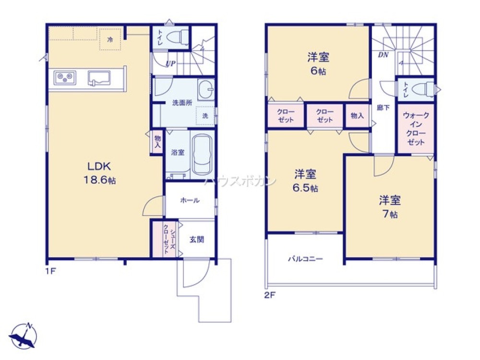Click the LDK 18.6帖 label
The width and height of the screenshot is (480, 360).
(x=100, y=173)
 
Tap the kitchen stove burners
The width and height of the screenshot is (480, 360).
(x=65, y=77)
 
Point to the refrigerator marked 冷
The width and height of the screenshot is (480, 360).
(x=110, y=39)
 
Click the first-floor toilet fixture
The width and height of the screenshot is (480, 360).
(x=178, y=37)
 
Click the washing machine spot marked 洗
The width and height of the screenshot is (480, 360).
(x=205, y=116)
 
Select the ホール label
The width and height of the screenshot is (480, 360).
(x=190, y=201)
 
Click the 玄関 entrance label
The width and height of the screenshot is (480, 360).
(x=196, y=240)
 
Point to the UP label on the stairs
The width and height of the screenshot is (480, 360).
(x=170, y=64)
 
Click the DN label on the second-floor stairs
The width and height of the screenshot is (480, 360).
(x=383, y=55)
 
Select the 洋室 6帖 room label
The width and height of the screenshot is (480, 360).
(x=318, y=64)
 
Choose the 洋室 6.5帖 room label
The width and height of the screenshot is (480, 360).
(x=305, y=180)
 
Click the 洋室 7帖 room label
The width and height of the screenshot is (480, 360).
(x=390, y=207)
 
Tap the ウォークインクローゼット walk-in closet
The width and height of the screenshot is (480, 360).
(x=416, y=129)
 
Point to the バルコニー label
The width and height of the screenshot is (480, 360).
(x=305, y=259)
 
